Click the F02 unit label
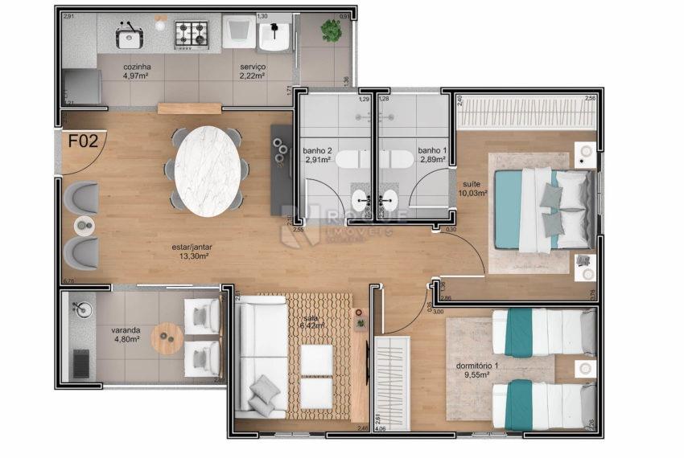click(83, 141)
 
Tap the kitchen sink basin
click(128, 37)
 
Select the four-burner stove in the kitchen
click(192, 33)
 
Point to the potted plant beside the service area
click(331, 31)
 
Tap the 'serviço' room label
click(253, 66)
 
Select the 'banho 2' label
click(316, 150)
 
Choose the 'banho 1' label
click(431, 150)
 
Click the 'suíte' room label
click(471, 183)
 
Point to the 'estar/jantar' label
click(192, 247)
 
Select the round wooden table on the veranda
click(167, 338)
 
